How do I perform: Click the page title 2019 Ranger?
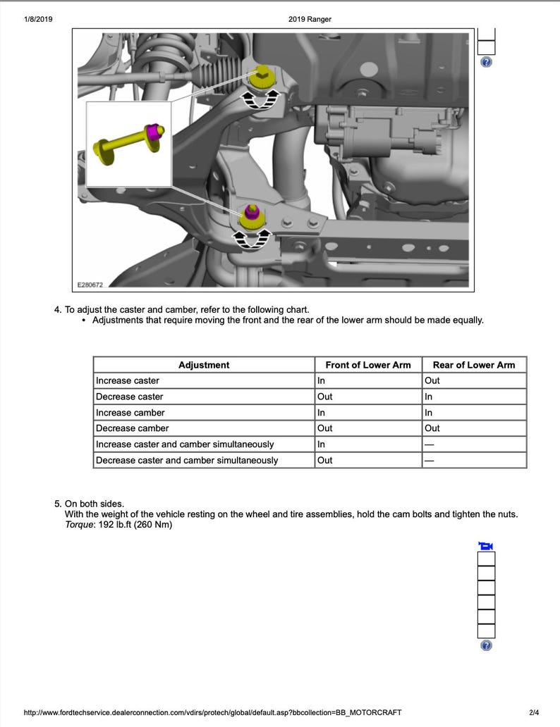pyautogui.click(x=310, y=19)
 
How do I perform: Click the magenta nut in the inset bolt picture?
pyautogui.click(x=153, y=133)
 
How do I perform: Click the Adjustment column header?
pyautogui.click(x=204, y=365)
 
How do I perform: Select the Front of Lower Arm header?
pyautogui.click(x=367, y=365)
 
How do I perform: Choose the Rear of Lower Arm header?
pyautogui.click(x=474, y=365)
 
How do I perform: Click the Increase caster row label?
pyautogui.click(x=128, y=380)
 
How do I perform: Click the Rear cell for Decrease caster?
pyautogui.click(x=428, y=397)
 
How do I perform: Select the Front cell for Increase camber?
pyautogui.click(x=321, y=413)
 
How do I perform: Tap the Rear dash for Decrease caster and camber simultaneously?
pyautogui.click(x=429, y=461)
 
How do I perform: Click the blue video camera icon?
pyautogui.click(x=485, y=546)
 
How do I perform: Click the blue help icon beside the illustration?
pyautogui.click(x=486, y=62)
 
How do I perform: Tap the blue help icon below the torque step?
pyautogui.click(x=486, y=645)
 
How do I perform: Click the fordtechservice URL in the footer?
pyautogui.click(x=212, y=713)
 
